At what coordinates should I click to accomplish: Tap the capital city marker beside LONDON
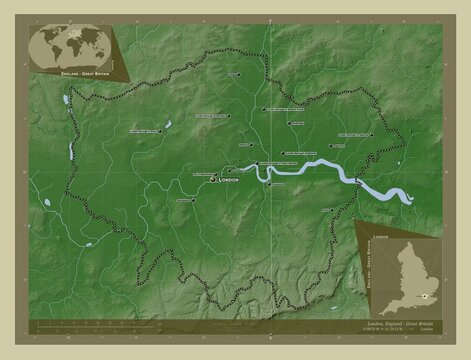pyautogui.click(x=212, y=180)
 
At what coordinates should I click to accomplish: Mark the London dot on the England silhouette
pyautogui.click(x=425, y=295)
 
